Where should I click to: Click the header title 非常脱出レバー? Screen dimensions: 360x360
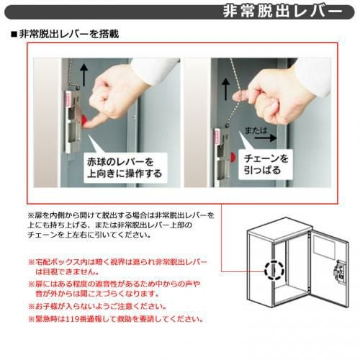click(x=282, y=12)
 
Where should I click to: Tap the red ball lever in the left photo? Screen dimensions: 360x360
click(x=85, y=120)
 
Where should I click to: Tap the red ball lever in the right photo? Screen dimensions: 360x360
click(x=233, y=157)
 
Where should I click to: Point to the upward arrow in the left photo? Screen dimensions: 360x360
click(x=84, y=75)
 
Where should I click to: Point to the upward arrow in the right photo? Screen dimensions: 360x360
click(x=225, y=89)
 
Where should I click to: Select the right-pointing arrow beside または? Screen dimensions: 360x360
click(x=266, y=138)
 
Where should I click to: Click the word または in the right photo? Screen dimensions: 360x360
click(x=256, y=130)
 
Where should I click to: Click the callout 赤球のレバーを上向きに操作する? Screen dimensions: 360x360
click(x=125, y=168)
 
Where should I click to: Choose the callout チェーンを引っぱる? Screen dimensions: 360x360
click(x=266, y=164)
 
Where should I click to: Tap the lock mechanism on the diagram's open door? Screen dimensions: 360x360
click(x=339, y=271)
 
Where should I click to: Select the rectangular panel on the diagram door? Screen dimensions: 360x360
click(x=324, y=247)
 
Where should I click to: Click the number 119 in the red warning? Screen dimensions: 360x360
click(x=73, y=319)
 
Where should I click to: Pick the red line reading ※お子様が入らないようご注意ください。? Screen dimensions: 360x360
click(x=97, y=306)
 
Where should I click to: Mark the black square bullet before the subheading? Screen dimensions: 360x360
click(x=14, y=35)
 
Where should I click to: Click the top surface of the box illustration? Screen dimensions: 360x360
click(x=280, y=228)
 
